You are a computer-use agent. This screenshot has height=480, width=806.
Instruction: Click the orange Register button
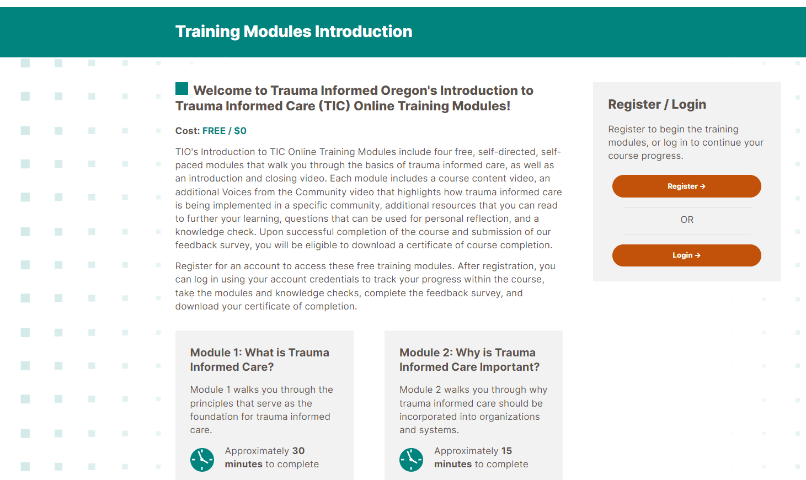click(x=686, y=186)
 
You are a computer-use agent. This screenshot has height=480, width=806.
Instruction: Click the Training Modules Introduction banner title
click(x=293, y=31)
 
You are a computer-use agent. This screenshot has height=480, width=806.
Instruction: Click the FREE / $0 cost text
click(x=225, y=131)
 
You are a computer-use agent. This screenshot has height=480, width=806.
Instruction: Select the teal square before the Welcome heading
click(x=182, y=88)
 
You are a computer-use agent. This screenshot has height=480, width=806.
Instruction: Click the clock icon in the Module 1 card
click(x=202, y=460)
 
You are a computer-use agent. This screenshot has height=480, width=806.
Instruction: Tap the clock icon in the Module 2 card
click(x=411, y=460)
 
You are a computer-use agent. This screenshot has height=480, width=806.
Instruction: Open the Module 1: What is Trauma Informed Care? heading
click(x=259, y=360)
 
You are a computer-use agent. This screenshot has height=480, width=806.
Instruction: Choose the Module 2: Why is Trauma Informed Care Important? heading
click(x=469, y=360)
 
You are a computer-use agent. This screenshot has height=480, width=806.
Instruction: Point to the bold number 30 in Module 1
click(x=298, y=451)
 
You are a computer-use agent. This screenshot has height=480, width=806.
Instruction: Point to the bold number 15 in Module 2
click(x=506, y=451)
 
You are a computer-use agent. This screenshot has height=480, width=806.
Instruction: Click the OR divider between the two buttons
click(x=687, y=220)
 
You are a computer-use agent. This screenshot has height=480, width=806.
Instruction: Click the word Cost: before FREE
click(x=188, y=131)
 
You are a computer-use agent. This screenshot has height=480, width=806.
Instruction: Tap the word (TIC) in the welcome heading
click(x=334, y=106)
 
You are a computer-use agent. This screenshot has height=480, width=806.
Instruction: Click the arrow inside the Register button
click(x=702, y=186)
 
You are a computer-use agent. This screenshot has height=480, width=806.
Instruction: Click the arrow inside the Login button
click(x=697, y=255)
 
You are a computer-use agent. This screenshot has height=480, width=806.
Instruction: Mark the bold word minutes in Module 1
click(x=243, y=464)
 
